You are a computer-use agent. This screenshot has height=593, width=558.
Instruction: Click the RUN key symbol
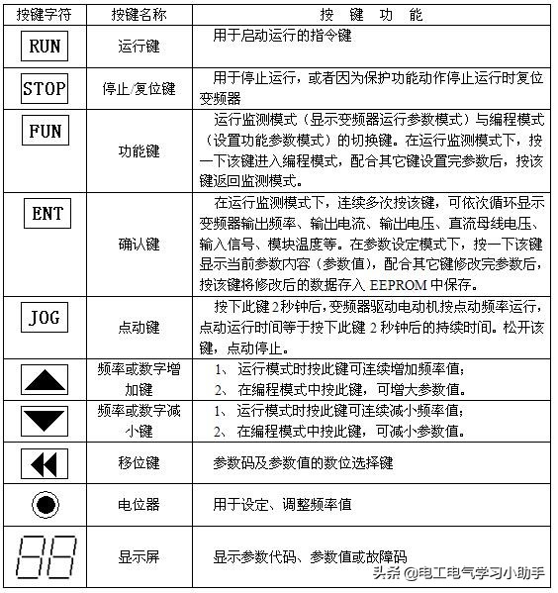click(x=45, y=47)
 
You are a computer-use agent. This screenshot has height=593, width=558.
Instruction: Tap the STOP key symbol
click(x=45, y=88)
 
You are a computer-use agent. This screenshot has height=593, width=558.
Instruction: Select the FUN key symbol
click(x=45, y=131)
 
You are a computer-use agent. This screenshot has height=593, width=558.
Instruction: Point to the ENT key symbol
click(x=46, y=213)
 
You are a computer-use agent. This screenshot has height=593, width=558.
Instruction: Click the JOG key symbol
click(x=45, y=317)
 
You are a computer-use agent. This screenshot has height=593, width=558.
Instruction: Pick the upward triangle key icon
click(x=45, y=378)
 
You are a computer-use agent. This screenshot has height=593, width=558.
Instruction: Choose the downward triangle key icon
click(x=45, y=420)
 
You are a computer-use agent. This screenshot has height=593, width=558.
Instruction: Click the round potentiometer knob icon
click(x=45, y=504)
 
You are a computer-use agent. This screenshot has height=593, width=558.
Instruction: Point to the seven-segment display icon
click(x=45, y=557)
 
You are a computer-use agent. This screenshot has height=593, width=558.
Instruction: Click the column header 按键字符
click(x=45, y=16)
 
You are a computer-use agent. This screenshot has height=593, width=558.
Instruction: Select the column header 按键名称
click(x=139, y=16)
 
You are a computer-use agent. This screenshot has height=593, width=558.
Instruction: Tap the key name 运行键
click(x=139, y=47)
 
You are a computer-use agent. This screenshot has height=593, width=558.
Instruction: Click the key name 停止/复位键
click(x=139, y=88)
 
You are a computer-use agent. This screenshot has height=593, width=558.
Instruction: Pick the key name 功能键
click(x=139, y=151)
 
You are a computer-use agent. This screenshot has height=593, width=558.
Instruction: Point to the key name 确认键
click(x=139, y=244)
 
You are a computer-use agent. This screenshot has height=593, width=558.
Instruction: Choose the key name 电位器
click(x=139, y=504)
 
